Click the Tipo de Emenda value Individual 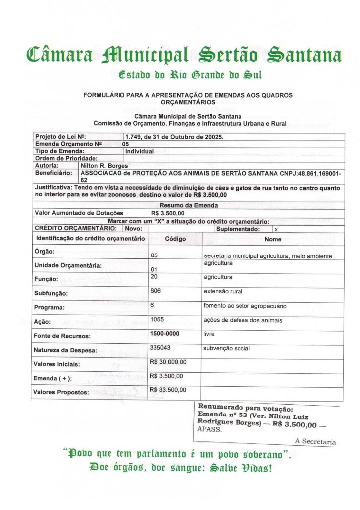[x=139, y=151]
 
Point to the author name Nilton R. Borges [x=104, y=165]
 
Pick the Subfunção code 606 [x=155, y=291]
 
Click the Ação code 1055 [x=157, y=320]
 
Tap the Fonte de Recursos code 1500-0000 [x=165, y=334]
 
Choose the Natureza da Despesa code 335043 [x=160, y=348]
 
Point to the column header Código [x=175, y=239]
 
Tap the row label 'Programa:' [x=49, y=308]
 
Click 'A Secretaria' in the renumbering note [x=315, y=441]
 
